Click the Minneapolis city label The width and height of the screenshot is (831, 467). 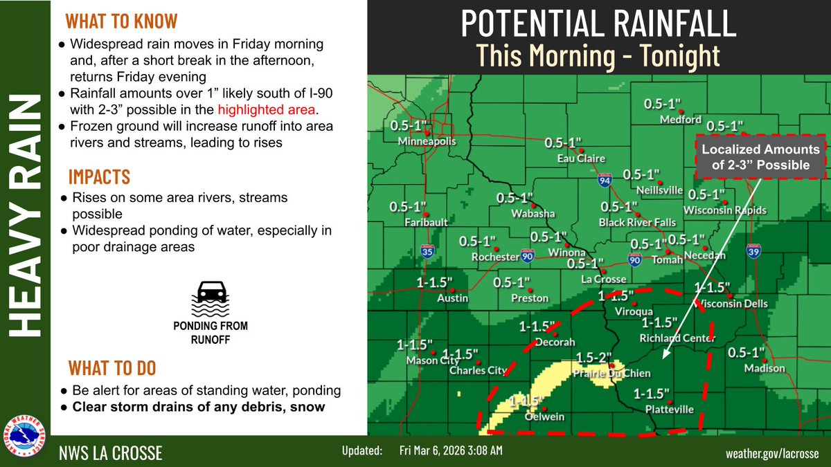[x=427, y=142]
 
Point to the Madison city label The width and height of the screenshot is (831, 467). [x=765, y=368]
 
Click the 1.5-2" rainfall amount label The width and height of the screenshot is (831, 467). [x=594, y=358]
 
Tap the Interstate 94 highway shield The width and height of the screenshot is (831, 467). [x=605, y=181]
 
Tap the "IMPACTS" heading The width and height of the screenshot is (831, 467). [x=99, y=176]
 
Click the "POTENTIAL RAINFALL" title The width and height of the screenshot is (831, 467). [x=598, y=24]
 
